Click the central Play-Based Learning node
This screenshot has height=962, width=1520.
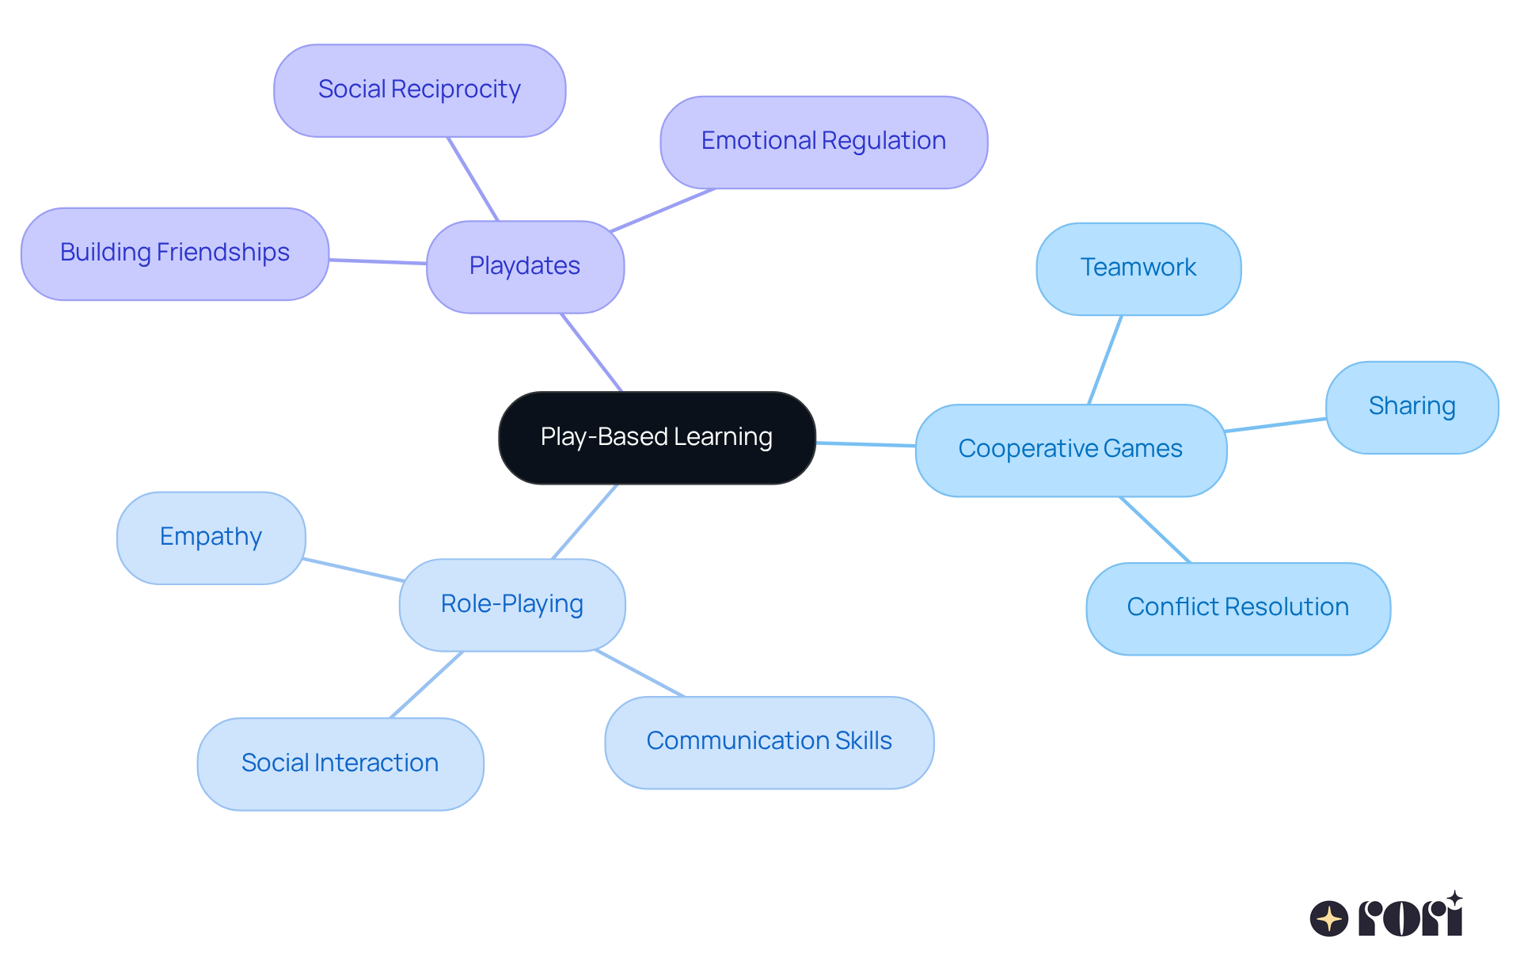coord(657,438)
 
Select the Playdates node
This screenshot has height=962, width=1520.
coord(525,267)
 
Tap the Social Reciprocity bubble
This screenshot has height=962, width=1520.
coord(420,90)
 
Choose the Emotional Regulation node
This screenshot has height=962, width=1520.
coord(823,142)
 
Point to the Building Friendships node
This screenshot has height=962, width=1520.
coord(175,253)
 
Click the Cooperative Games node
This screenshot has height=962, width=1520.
coord(1070,450)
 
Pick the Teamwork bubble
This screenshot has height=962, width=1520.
coord(1138,268)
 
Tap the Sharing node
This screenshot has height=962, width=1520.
coord(1412,407)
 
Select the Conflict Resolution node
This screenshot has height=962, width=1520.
coord(1237,608)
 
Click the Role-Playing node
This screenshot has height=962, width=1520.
coord(512,605)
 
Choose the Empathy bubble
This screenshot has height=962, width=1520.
coord(211,538)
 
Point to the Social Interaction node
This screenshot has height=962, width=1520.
coord(340,763)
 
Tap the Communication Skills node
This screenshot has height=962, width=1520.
coord(769,742)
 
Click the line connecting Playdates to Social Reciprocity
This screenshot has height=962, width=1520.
coord(473,179)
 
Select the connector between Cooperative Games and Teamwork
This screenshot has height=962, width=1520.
coord(1105,360)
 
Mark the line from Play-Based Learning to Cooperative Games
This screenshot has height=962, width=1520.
coord(865,444)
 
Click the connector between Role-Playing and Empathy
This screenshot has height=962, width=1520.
coord(353,570)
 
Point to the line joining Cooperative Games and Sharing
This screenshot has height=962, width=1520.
coord(1275,425)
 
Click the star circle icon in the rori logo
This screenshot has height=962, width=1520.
coord(1328,918)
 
